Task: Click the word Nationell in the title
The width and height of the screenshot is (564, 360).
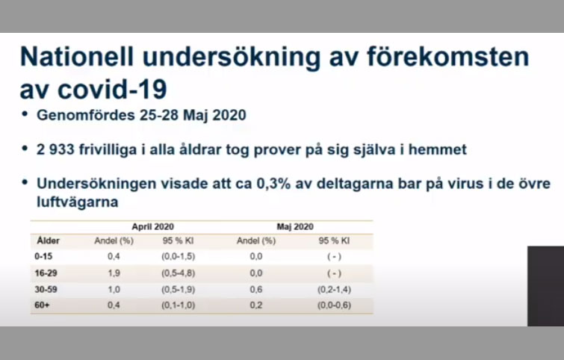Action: [x=77, y=57]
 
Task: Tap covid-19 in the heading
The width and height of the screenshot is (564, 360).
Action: [x=112, y=89]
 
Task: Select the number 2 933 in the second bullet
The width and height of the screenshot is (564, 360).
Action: [x=55, y=149]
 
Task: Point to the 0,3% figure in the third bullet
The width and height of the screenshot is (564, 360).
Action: [x=273, y=184]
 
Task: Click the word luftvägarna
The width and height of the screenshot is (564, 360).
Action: [x=78, y=202]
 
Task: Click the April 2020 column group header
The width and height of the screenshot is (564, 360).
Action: [x=153, y=227]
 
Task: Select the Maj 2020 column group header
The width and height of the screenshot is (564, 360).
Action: [x=295, y=227]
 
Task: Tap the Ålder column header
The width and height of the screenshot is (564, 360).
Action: [x=49, y=240]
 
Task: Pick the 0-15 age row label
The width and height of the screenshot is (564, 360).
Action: [x=43, y=256]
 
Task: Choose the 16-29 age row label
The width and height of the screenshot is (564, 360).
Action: [x=46, y=273]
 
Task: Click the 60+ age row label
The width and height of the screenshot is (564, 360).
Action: [x=42, y=305]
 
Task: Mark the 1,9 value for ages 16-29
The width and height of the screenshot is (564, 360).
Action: [x=114, y=273]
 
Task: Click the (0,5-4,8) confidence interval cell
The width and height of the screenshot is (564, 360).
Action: [x=178, y=273]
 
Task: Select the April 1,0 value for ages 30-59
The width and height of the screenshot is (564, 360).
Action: [x=114, y=290]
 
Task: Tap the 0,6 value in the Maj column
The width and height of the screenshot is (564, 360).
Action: [x=256, y=290]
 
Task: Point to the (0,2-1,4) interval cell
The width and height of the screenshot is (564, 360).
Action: [x=334, y=290]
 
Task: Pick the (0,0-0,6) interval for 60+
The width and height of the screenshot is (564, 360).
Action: [x=334, y=305]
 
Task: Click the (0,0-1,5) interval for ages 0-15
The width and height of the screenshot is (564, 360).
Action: [x=178, y=256]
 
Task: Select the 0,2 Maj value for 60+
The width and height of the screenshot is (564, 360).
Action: [x=256, y=305]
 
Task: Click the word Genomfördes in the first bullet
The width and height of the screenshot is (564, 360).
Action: [x=86, y=116]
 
